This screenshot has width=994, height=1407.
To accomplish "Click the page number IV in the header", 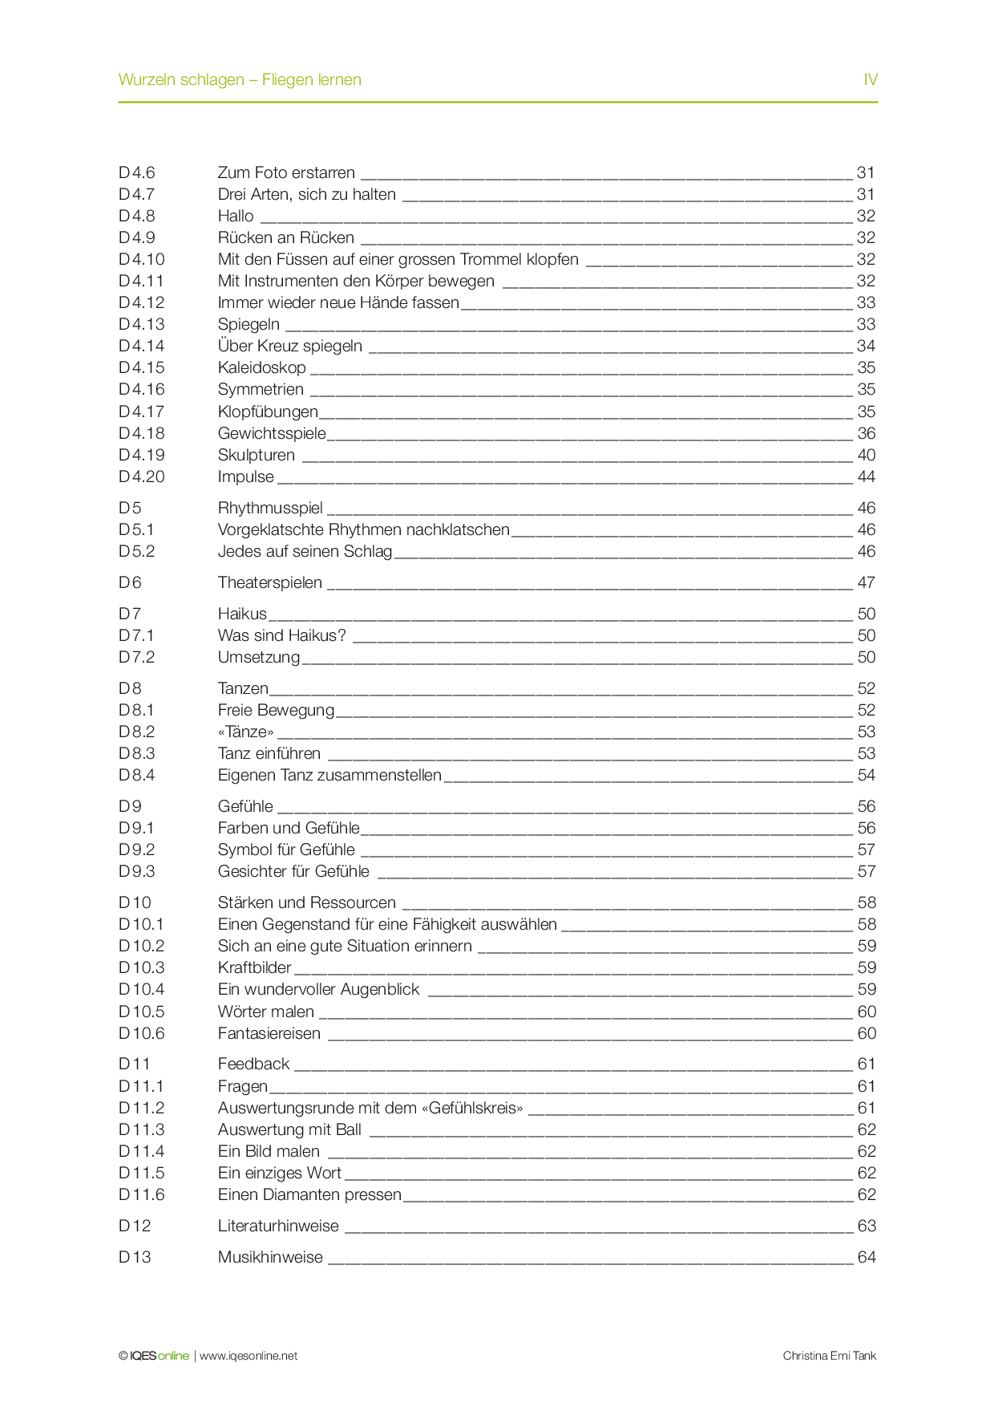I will pos(870,79).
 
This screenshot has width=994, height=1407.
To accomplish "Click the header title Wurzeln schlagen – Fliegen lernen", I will pos(240,79).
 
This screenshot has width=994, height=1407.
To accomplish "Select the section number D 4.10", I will pos(142,259).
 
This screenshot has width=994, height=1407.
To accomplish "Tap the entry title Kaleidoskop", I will pos(262,367).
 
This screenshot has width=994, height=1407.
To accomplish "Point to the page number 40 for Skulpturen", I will pos(867,455).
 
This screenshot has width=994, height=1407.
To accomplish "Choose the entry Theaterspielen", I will pos(270,582).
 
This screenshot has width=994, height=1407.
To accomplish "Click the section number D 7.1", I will pos(136,635).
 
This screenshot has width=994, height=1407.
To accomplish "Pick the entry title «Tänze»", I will pos(246,732).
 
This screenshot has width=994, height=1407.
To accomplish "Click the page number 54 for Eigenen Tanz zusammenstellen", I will pos(867,775).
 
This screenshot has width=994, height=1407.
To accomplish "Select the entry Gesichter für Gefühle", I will pos(293,871).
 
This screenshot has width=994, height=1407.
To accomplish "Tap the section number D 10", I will pos(135,902).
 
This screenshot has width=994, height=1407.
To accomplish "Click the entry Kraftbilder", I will pos(255,967).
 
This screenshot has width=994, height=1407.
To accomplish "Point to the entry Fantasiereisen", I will pos(269,1033).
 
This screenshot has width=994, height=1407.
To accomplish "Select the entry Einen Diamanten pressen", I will pos(309,1194).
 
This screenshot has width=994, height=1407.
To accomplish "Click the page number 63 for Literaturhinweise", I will pos(867,1226).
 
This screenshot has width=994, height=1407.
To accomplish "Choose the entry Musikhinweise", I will pos(270,1257).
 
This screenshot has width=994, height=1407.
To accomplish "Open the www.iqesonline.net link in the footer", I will pos(248,1356).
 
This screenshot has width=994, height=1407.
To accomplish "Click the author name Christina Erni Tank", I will pos(830,1356).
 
